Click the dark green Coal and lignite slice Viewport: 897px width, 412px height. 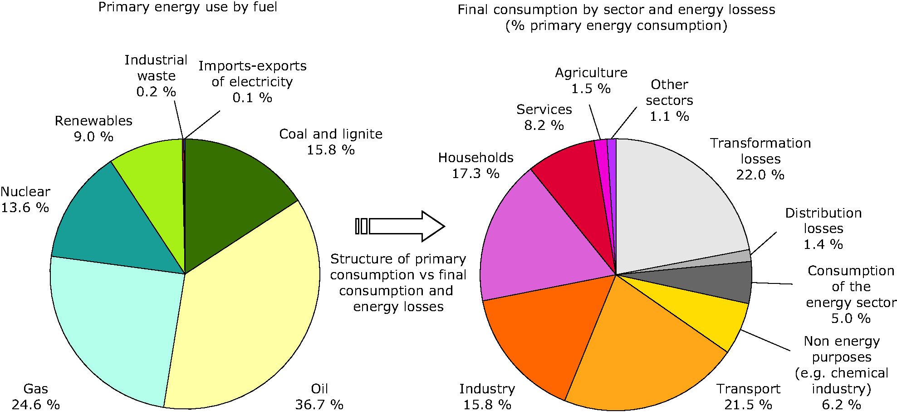coord(227,191)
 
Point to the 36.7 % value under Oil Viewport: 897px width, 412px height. coord(319,404)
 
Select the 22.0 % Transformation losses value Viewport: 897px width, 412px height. coord(760,175)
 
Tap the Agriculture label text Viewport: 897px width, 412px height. coord(591,73)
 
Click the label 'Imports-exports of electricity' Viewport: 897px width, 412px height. coord(252,74)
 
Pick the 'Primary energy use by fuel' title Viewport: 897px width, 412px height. coord(187,7)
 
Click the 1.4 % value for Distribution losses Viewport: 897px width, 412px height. coord(823,244)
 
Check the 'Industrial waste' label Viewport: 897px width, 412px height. coord(156,68)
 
